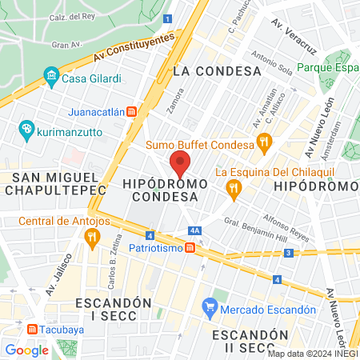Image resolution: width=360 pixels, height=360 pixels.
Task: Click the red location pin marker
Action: tap(181, 164)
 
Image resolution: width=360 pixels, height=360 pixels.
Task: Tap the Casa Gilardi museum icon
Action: tap(52, 78)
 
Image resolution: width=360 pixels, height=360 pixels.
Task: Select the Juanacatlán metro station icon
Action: tap(141, 112)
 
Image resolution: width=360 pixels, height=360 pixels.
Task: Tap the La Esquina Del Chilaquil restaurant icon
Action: tap(234, 188)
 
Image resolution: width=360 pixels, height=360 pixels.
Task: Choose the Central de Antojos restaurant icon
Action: tap(92, 236)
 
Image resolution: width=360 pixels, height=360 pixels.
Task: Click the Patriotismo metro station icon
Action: tap(190, 248)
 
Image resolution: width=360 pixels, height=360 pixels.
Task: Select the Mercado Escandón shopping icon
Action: tap(210, 306)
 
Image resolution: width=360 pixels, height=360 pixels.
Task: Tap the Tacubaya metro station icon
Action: tap(32, 329)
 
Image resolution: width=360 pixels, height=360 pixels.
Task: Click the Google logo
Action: tap(27, 350)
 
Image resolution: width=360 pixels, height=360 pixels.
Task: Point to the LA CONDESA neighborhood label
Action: tap(217, 71)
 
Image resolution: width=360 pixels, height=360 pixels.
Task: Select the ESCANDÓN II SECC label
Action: tap(244, 342)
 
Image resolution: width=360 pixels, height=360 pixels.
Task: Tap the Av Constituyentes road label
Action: tap(133, 48)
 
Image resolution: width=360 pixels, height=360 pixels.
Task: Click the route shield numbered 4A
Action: tap(194, 230)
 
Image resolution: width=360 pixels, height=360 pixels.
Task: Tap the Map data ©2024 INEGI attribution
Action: tap(313, 354)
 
